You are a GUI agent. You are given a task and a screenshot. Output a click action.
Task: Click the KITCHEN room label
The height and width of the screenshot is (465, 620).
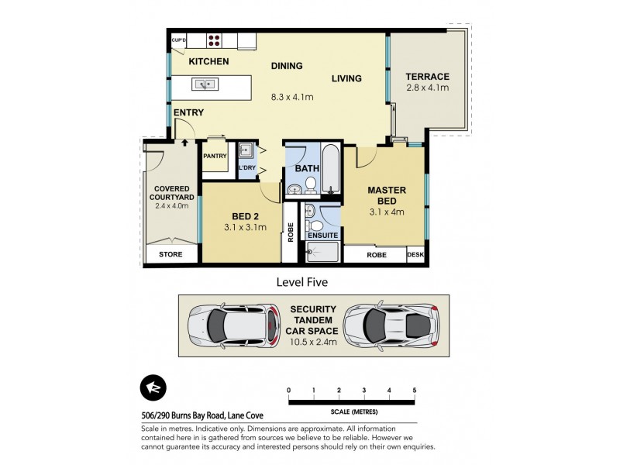coord(208,61)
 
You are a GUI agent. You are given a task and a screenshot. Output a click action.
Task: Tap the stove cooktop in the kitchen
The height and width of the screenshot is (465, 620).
coord(215,40)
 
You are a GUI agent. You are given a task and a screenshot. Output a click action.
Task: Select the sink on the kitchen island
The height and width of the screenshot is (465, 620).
coord(205,84)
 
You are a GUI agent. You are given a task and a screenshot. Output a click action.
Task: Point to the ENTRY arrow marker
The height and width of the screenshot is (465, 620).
coord(184,142)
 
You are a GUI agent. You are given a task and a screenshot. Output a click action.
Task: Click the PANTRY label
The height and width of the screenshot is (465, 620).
coord(214,156)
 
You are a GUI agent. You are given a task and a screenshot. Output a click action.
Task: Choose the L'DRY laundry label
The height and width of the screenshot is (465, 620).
coord(246,168)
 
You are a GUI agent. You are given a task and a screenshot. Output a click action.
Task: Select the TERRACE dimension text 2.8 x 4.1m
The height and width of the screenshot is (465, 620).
coord(428,88)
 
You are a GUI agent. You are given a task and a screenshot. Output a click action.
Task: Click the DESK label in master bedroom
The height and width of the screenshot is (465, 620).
coord(415,254)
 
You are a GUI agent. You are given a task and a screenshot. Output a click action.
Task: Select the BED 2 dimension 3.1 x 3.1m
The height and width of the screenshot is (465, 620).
coord(245,228)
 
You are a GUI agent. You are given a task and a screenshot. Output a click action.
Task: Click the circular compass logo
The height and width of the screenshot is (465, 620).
coord(152,389)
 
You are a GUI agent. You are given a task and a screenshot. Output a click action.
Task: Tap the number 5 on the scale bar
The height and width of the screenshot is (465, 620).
coord(415,389)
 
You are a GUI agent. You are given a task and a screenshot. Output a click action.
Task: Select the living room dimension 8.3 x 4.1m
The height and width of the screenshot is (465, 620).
coord(291,97)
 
